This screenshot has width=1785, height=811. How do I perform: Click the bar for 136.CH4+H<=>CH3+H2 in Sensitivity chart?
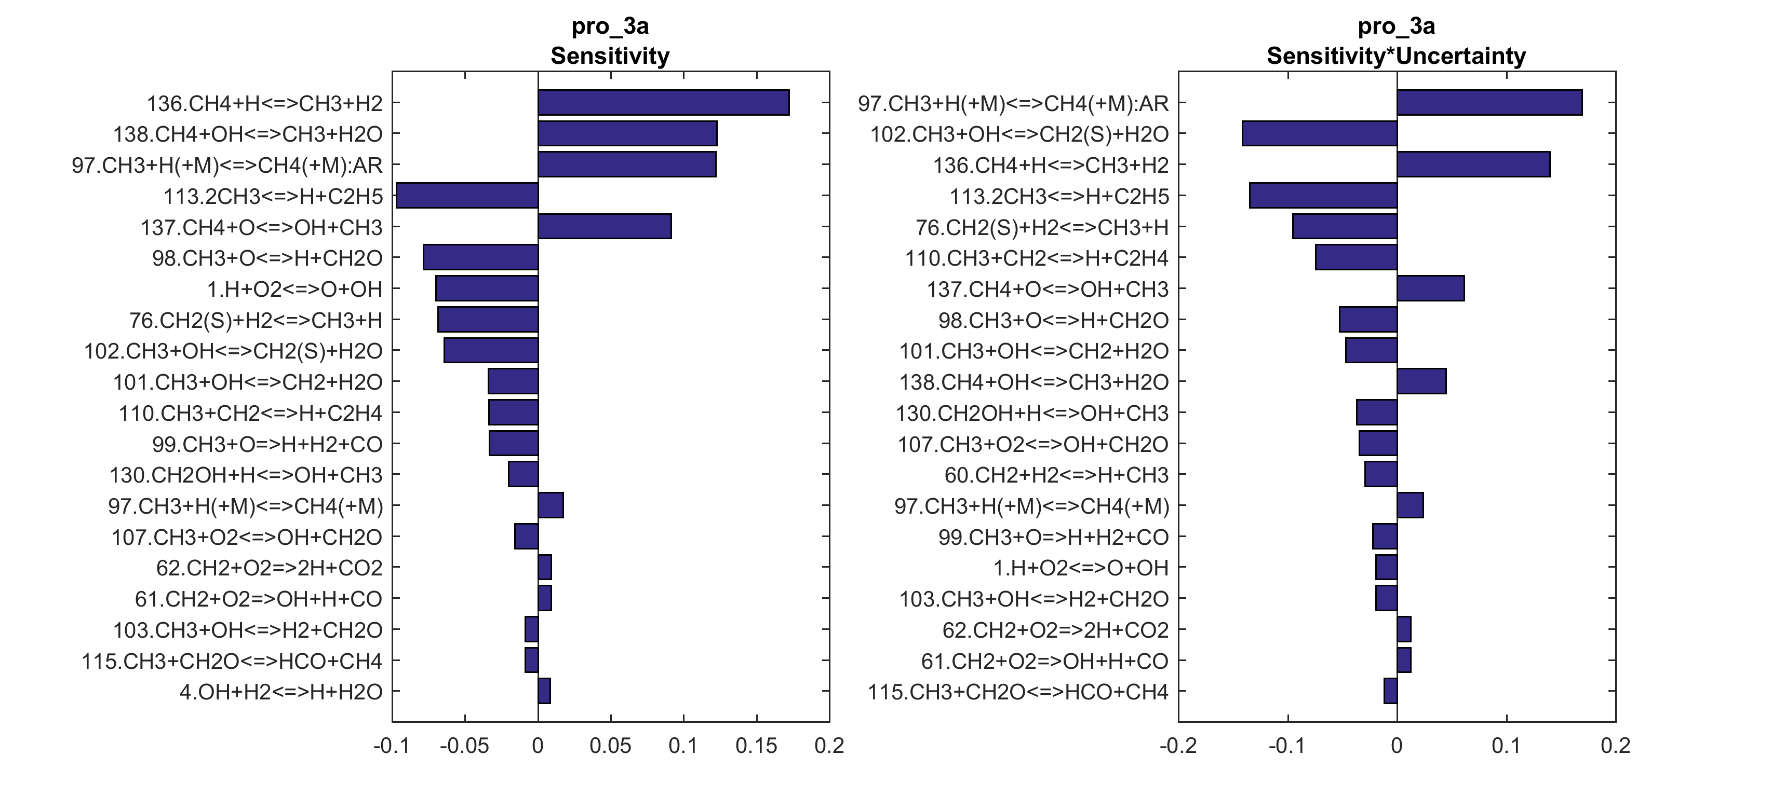[x=663, y=103]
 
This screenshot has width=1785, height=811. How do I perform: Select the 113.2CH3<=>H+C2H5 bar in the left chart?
[x=467, y=195]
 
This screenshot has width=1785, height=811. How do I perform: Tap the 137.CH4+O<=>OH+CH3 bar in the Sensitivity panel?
[x=604, y=226]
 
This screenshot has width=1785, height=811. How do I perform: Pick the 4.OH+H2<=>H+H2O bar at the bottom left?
[x=544, y=691]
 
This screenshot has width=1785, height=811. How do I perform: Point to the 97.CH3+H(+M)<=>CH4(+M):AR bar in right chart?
[x=1489, y=103]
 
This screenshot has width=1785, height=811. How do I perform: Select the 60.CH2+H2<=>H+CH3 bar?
[x=1380, y=474]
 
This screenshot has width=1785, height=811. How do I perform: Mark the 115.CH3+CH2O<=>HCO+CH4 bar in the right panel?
[x=1390, y=691]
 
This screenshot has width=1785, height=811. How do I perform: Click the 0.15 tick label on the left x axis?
[x=756, y=746]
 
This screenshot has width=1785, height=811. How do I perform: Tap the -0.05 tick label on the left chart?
[x=464, y=746]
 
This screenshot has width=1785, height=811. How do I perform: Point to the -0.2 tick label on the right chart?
[x=1178, y=746]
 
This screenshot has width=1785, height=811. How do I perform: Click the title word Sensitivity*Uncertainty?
[x=1395, y=56]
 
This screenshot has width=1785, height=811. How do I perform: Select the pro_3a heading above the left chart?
[x=610, y=26]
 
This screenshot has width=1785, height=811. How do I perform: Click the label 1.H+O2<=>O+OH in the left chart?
[x=294, y=289]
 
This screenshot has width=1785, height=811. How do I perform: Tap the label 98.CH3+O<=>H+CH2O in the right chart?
[x=1053, y=320]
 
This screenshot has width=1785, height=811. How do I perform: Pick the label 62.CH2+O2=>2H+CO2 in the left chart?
[x=269, y=568]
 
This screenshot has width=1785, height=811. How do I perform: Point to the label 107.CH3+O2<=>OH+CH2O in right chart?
[x=1032, y=444]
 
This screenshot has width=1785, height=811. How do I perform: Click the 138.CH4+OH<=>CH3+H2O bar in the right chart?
[x=1421, y=381]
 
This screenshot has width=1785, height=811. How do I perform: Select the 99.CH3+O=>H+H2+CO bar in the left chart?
[x=514, y=443]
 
